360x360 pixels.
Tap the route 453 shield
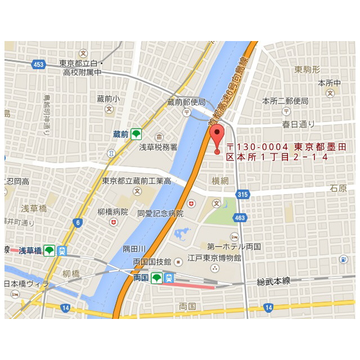pyautogui.click(x=38, y=64)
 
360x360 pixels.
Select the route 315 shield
pyautogui.click(x=242, y=195)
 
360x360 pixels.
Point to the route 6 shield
pyautogui.click(x=78, y=223)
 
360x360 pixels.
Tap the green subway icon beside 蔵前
pyautogui.click(x=136, y=134)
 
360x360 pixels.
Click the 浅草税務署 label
pyautogui.click(x=158, y=147)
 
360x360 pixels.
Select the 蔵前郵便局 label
pyautogui.click(x=187, y=102)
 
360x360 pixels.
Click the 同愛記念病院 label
pyautogui.click(x=160, y=214)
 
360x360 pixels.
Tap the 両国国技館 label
pyautogui.click(x=152, y=262)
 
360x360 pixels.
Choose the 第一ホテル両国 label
pyautogui.click(x=233, y=246)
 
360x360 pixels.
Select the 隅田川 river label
pyautogui.click(x=134, y=249)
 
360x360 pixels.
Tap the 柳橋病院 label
pyautogui.click(x=113, y=212)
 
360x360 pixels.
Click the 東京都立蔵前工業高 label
pyautogui.click(x=137, y=181)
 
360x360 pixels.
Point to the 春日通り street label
pyautogui.click(x=299, y=124)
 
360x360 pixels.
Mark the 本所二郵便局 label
pyautogui.click(x=285, y=101)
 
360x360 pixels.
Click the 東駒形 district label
pyautogui.click(x=307, y=69)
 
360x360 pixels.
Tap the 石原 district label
pyautogui.click(x=338, y=188)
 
